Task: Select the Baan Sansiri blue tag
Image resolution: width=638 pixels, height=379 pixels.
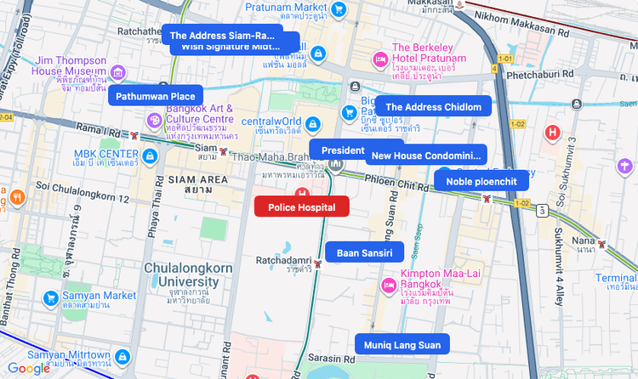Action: tap(364, 252)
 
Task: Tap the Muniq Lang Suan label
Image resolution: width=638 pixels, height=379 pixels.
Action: tap(402, 344)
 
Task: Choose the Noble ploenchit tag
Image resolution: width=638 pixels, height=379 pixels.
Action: tap(481, 180)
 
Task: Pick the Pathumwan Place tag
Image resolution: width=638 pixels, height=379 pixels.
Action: tap(156, 96)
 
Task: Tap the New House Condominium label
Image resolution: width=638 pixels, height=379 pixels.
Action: tap(426, 156)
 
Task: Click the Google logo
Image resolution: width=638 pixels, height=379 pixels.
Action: tap(28, 368)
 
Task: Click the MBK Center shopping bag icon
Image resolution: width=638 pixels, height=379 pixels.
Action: tap(151, 156)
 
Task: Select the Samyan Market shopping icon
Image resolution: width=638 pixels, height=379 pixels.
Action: tap(50, 298)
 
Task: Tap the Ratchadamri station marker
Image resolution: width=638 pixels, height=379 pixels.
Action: tap(317, 263)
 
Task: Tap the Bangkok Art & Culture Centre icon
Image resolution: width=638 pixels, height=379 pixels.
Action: tap(153, 120)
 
